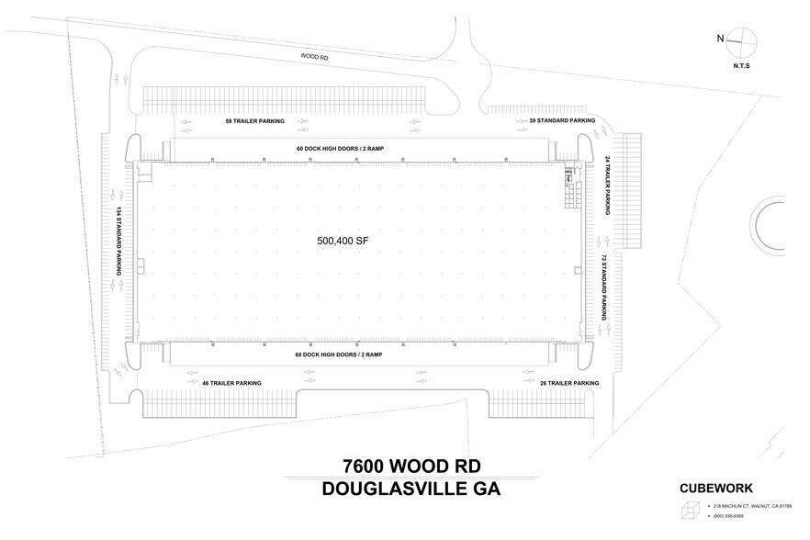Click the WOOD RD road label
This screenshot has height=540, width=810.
315,56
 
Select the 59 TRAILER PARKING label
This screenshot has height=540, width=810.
255,120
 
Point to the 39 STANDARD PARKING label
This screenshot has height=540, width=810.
562,120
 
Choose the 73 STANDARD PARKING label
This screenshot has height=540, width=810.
603,285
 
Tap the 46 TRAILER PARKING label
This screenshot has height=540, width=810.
231,383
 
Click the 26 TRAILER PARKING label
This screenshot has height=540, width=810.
569,383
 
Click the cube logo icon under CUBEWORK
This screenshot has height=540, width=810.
690,512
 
